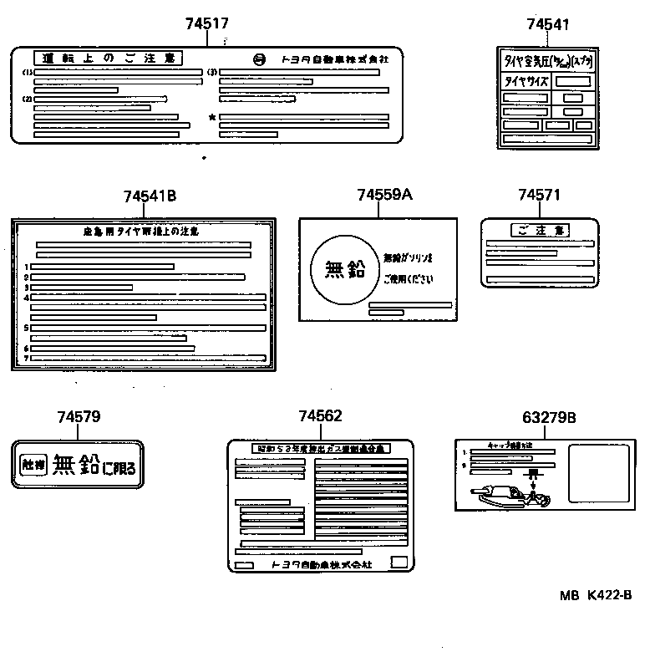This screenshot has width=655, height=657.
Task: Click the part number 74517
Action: point(206,24)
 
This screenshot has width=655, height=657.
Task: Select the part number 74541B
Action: point(150,196)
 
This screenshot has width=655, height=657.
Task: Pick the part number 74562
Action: point(320,416)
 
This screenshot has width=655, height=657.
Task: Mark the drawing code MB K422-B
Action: point(596,595)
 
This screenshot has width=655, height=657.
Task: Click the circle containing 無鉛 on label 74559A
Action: point(343,269)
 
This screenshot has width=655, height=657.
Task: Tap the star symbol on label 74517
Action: point(212,118)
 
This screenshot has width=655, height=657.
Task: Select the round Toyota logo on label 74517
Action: point(260,59)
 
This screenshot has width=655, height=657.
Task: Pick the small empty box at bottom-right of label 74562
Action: point(401,562)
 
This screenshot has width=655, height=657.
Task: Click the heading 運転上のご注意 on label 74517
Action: point(109,58)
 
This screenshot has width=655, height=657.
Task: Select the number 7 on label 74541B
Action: point(27,358)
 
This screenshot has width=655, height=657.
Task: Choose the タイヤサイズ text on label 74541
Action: point(524,82)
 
